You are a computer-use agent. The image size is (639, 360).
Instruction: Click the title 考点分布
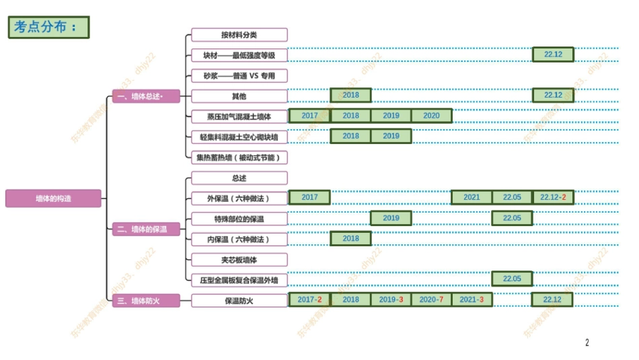(49, 27)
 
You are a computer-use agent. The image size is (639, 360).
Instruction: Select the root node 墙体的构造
(54, 199)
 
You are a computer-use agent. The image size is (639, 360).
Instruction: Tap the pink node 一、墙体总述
(146, 96)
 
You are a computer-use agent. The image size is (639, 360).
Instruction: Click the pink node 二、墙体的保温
(146, 229)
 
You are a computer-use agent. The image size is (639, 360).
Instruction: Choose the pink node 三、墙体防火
(146, 301)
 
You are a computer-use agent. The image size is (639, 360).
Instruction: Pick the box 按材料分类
(239, 34)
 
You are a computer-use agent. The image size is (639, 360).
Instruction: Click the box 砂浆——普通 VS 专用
(239, 75)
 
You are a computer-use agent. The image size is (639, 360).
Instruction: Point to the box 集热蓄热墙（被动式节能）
(239, 157)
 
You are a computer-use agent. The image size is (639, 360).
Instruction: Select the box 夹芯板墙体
(239, 259)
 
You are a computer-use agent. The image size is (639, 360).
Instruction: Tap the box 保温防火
(239, 301)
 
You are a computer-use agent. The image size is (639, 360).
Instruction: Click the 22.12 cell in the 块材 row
(553, 55)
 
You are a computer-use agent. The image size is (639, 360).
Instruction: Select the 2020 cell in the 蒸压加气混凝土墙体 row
(431, 116)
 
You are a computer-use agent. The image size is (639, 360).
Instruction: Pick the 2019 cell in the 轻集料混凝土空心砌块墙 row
(391, 136)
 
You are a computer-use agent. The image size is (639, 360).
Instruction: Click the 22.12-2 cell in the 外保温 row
(553, 198)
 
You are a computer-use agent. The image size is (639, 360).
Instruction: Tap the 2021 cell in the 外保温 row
(472, 198)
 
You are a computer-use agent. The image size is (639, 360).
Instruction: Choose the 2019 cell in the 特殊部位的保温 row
(391, 218)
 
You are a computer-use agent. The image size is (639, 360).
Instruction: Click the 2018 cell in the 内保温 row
(350, 238)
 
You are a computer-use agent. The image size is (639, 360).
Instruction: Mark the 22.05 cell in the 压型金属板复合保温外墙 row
(512, 279)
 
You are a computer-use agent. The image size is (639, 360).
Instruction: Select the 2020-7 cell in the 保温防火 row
(431, 299)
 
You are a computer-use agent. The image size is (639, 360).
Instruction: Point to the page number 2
(587, 343)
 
